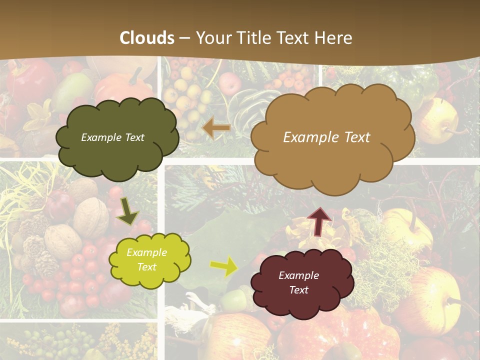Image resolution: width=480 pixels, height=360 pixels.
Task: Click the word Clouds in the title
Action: (147, 38)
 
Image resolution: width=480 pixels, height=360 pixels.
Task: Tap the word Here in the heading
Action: (335, 38)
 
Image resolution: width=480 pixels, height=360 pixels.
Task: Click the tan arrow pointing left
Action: (216, 128)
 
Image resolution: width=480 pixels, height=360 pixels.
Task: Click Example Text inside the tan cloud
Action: (326, 137)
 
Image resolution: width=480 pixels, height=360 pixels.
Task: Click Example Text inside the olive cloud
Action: (112, 137)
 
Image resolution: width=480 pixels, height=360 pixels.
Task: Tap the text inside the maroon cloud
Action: (298, 282)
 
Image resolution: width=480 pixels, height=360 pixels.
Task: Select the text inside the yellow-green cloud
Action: (146, 259)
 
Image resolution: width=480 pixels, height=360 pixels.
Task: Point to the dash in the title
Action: (185, 38)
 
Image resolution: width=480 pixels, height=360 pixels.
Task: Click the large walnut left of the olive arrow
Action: (91, 216)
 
